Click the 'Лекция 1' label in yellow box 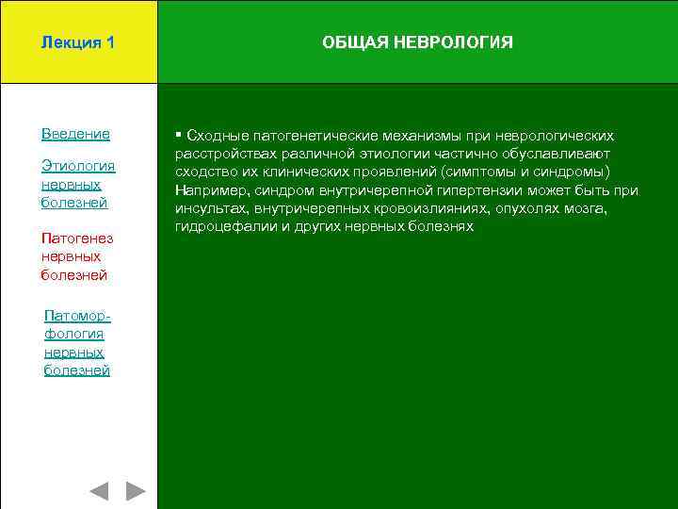tap(78, 42)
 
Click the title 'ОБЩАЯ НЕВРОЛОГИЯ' tap(417, 42)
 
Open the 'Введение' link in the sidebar tap(75, 134)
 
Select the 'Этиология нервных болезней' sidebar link tap(78, 184)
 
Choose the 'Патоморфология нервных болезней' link tap(76, 343)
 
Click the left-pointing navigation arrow tap(99, 490)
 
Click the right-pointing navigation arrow tap(136, 490)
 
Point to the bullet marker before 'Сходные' tap(178, 135)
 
